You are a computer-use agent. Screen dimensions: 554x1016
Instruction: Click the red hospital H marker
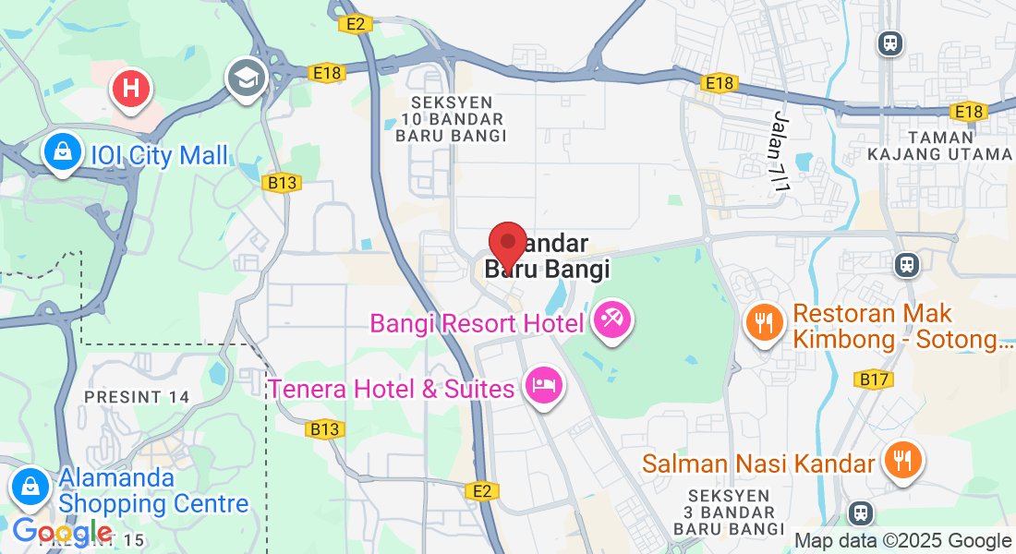(131, 90)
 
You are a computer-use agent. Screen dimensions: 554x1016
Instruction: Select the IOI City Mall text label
(159, 155)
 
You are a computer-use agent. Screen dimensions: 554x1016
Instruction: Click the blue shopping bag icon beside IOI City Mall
(62, 152)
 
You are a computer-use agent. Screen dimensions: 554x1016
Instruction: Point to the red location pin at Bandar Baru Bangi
(507, 246)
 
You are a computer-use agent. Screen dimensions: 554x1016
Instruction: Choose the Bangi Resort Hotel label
(477, 323)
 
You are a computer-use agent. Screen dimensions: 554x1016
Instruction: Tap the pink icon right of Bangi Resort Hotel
(611, 320)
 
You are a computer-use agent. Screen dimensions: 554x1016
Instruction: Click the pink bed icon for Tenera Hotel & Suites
(542, 384)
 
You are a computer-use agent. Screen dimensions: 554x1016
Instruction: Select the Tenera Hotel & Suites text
(391, 389)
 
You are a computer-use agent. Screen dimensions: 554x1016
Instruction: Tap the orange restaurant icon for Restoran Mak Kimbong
(764, 321)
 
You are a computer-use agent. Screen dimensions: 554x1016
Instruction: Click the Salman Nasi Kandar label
(758, 463)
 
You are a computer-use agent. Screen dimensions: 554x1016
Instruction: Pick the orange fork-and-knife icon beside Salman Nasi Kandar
(901, 459)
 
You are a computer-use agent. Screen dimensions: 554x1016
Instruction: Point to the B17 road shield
(873, 379)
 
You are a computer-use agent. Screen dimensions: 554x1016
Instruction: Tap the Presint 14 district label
(137, 397)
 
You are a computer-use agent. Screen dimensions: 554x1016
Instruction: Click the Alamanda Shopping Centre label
(153, 491)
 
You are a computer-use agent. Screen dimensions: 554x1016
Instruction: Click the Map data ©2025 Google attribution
(902, 541)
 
